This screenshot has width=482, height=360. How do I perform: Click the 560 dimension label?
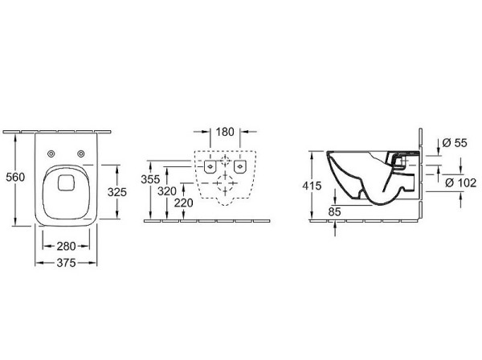point(15,177)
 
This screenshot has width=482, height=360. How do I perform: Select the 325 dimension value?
point(117,192)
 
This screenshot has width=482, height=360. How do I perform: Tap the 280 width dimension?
point(66,246)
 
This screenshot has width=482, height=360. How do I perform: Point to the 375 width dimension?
point(66,263)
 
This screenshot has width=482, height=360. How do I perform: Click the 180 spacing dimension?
point(225,132)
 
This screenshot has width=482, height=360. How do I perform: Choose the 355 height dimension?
point(150,179)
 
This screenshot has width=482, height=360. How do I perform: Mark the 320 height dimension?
point(167,191)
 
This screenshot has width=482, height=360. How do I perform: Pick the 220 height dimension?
point(183,203)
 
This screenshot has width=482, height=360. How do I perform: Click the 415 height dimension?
point(312,186)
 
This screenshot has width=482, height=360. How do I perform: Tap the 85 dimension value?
point(334,212)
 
